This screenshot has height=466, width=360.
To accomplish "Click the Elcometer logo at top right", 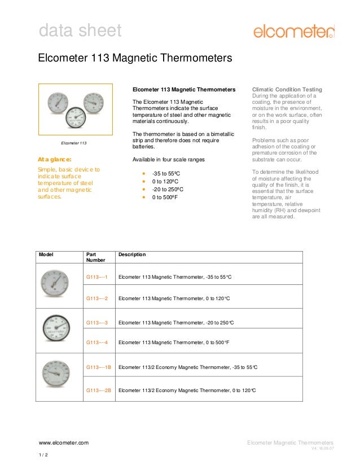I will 293,31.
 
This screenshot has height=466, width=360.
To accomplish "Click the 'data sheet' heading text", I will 80,30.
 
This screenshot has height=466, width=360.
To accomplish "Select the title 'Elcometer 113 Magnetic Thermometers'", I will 134,59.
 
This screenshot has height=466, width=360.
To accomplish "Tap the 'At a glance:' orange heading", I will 54,160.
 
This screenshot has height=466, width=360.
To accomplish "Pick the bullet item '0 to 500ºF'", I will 165,198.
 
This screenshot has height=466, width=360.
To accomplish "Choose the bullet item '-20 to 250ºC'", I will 168,190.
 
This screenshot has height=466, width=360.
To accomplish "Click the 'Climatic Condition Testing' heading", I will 287,90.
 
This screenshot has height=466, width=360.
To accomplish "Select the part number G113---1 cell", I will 97,277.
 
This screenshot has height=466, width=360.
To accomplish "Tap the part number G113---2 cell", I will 97,297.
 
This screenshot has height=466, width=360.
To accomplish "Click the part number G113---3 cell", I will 97,322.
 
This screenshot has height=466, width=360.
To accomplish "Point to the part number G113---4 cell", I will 97,342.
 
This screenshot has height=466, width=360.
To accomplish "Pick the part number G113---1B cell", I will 99,367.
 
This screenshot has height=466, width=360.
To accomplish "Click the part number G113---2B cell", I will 99,390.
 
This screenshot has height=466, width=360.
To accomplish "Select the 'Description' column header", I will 132,255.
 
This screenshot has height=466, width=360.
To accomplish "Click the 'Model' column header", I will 46,255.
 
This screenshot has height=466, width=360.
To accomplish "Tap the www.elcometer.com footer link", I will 63,443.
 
